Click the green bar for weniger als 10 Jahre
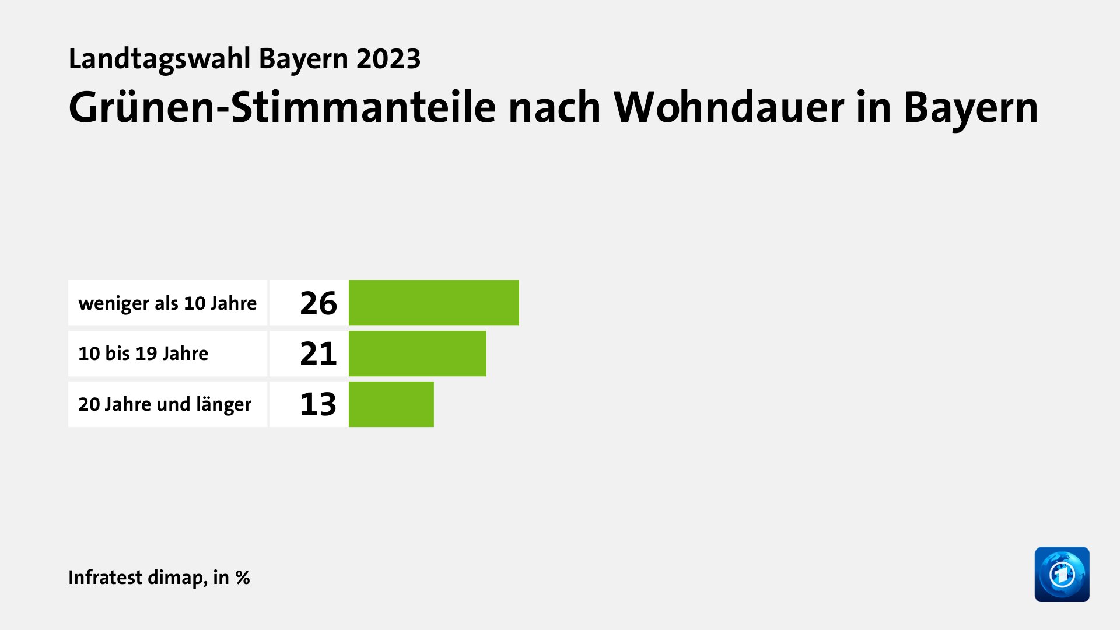pyautogui.click(x=433, y=303)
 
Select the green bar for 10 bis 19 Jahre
pyautogui.click(x=417, y=353)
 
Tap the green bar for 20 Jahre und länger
pyautogui.click(x=391, y=404)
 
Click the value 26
pyautogui.click(x=318, y=303)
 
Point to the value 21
pyautogui.click(x=318, y=353)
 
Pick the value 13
pyautogui.click(x=318, y=404)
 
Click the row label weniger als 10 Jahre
pyautogui.click(x=167, y=303)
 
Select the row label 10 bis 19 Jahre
pyautogui.click(x=143, y=353)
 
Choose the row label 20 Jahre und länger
pyautogui.click(x=165, y=404)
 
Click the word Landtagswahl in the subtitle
pyautogui.click(x=159, y=60)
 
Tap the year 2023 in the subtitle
pyautogui.click(x=388, y=60)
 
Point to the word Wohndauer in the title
pyautogui.click(x=729, y=108)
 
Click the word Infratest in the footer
pyautogui.click(x=106, y=577)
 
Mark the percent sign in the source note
pyautogui.click(x=243, y=577)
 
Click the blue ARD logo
pyautogui.click(x=1062, y=574)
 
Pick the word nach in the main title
pyautogui.click(x=554, y=108)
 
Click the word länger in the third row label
pyautogui.click(x=224, y=404)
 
